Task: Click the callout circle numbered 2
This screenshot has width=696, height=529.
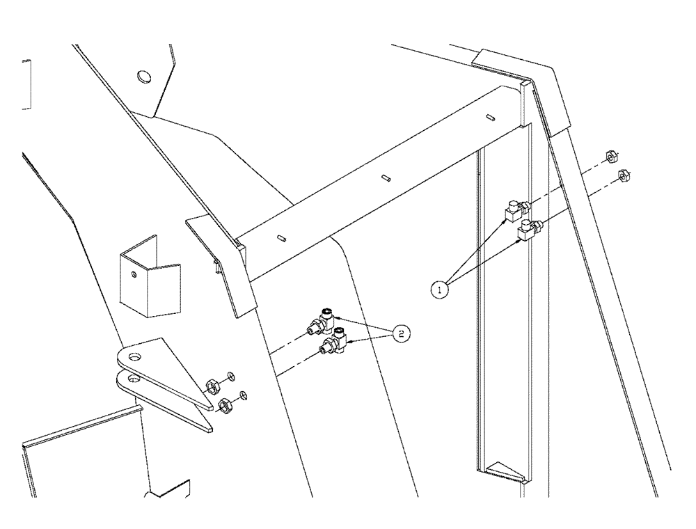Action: [400, 334]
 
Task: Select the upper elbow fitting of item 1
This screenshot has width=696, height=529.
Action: [517, 209]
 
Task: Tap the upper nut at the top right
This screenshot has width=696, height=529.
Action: [610, 155]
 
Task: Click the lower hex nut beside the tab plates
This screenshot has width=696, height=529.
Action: [225, 404]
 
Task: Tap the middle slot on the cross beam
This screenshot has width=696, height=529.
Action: [386, 178]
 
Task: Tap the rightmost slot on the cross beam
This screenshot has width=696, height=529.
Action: [490, 118]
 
